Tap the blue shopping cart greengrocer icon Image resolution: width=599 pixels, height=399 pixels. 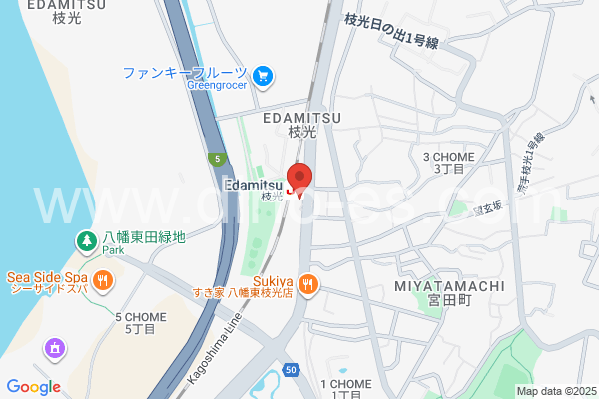click(x=264, y=73)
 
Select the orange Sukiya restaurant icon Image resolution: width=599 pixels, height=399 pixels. click(x=309, y=283)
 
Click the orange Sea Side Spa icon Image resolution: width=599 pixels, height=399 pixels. click(x=102, y=280)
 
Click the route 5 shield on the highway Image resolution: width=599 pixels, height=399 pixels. click(x=215, y=158)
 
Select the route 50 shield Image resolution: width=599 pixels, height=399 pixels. click(x=290, y=369)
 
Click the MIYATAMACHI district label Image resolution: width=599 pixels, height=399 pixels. click(x=449, y=286)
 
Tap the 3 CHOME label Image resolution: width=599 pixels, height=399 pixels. click(x=444, y=157)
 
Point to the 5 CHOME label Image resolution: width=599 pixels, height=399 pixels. click(x=140, y=317)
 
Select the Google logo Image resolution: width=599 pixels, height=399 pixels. click(x=33, y=387)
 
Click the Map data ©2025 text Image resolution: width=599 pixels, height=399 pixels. click(x=554, y=391)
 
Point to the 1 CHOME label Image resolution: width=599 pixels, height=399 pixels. click(x=345, y=384)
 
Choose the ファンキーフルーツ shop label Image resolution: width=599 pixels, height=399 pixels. click(x=185, y=73)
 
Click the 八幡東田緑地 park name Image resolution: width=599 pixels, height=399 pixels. click(x=145, y=237)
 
